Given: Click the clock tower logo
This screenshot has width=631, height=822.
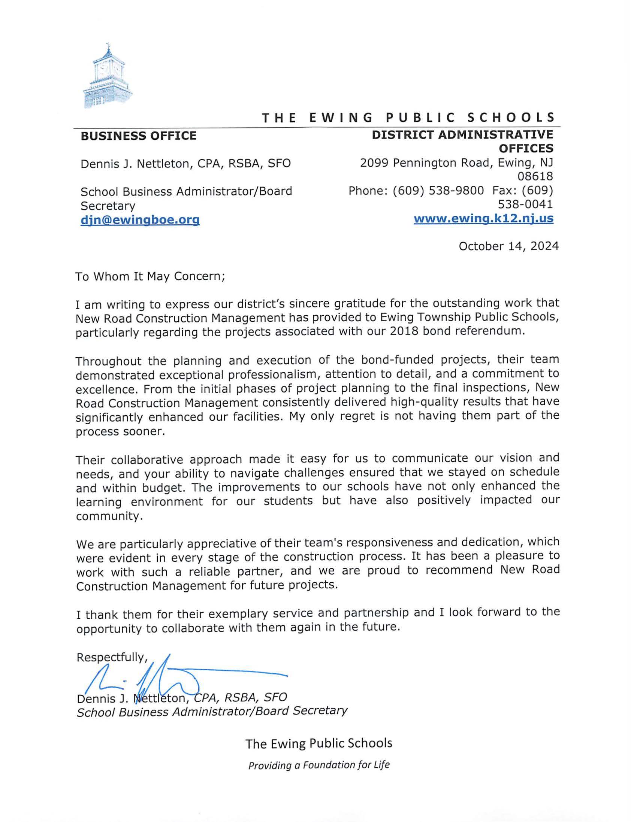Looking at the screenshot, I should [108, 77].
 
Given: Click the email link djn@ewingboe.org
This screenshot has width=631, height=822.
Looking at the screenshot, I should [140, 220].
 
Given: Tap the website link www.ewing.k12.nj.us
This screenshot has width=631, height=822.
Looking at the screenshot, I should [483, 218].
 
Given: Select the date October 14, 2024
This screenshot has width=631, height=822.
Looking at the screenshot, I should [508, 246].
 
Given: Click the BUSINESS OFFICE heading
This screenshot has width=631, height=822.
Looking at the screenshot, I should [138, 136].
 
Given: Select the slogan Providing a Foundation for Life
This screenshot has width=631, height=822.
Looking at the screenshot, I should [319, 765].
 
